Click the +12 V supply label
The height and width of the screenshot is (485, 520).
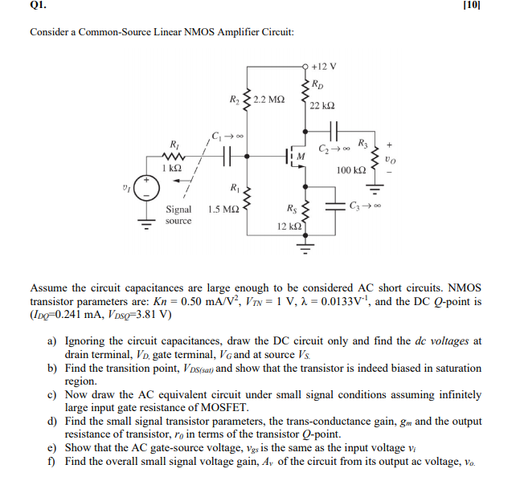[x=325, y=66]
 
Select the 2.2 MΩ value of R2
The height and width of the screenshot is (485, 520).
[x=268, y=100]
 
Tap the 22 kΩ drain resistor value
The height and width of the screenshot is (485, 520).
[x=322, y=106]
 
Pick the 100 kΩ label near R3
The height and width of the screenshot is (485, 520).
[x=351, y=171]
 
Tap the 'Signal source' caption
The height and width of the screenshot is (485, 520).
[x=178, y=214]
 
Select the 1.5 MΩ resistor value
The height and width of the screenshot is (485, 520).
[x=222, y=209]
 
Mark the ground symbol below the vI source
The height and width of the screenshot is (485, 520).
[x=146, y=225]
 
